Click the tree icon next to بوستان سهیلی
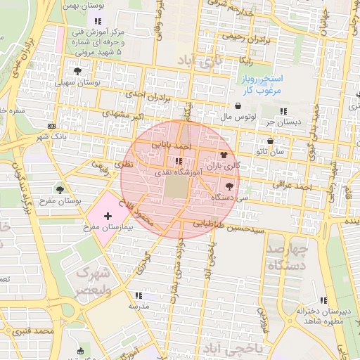click(77, 71)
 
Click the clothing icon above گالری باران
click(224, 155)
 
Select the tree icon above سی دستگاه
click(229, 187)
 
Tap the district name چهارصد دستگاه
click(287, 257)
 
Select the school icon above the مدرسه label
click(138, 296)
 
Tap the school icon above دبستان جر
click(283, 112)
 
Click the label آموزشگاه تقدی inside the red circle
click(179, 171)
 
